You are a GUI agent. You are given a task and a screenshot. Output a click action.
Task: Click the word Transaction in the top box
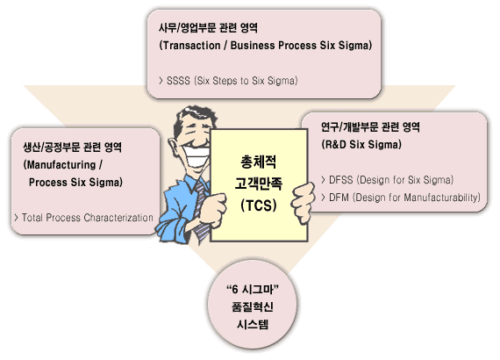191,46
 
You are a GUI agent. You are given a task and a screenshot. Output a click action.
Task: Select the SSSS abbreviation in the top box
178,81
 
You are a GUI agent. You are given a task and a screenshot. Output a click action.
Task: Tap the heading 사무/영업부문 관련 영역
208,28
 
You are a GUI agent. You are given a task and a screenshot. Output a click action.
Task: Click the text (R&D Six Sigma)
361,145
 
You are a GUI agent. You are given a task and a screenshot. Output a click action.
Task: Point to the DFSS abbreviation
341,180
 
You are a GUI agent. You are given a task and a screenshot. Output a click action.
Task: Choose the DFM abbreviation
339,198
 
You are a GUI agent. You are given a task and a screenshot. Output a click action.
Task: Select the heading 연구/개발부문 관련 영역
370,127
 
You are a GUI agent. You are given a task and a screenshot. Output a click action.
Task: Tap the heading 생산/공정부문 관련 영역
73,148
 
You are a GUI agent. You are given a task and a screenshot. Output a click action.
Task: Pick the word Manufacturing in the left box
61,165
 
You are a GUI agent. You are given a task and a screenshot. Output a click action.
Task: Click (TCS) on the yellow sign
259,205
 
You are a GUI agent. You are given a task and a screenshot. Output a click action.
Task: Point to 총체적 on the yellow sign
259,162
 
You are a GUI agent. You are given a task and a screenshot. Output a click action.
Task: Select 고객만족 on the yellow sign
259,184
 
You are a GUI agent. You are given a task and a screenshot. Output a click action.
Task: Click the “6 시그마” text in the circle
253,289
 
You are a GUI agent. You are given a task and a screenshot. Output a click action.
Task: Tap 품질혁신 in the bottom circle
253,306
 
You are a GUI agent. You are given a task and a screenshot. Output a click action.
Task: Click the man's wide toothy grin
198,155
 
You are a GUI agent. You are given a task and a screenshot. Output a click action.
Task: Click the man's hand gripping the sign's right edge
303,202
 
